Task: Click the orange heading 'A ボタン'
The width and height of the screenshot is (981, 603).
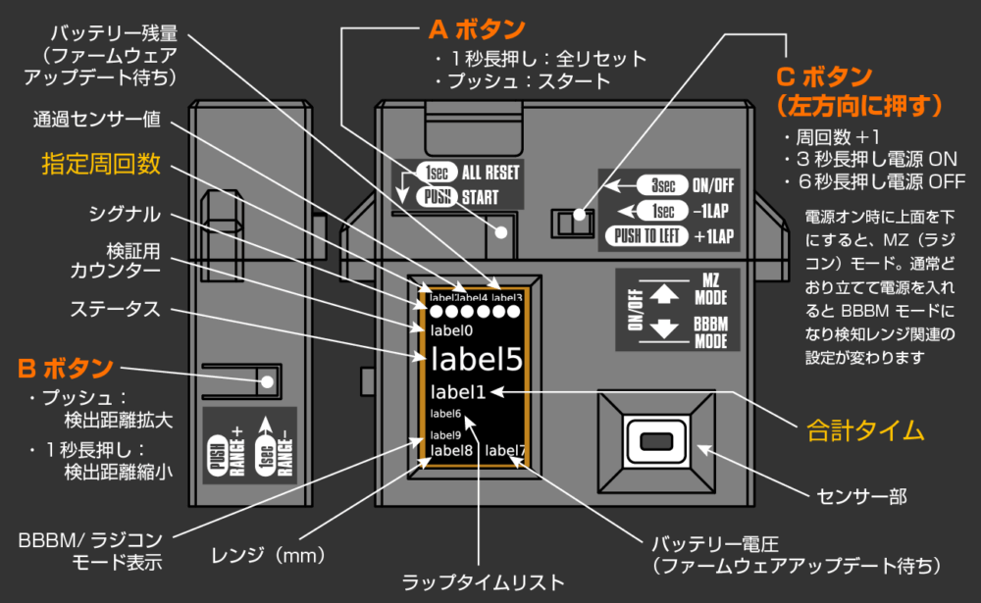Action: point(477,29)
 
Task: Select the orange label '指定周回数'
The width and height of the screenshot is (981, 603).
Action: point(101,164)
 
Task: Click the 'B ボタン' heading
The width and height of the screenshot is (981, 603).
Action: point(65,370)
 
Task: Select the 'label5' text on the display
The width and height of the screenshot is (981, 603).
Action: point(476,360)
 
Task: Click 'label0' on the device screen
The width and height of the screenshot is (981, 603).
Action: point(451,330)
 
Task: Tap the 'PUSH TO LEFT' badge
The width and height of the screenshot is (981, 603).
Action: point(643,235)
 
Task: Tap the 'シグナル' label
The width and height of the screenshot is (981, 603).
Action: point(125,214)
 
